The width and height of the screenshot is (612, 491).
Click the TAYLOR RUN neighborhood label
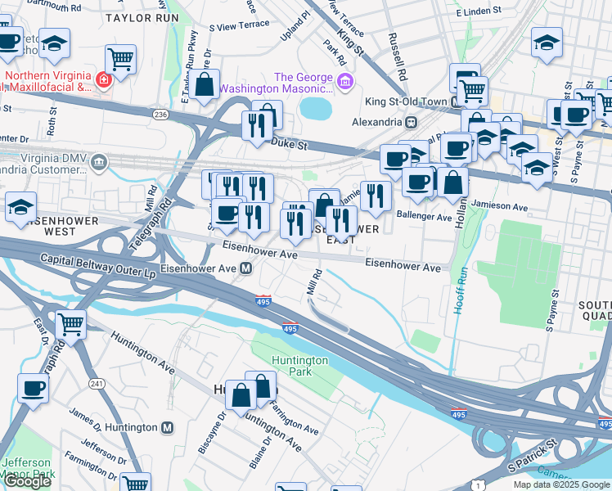point(142,16)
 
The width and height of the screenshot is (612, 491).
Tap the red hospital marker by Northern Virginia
point(105,80)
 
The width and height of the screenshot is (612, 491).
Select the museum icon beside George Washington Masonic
point(344,81)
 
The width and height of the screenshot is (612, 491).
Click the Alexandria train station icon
point(411,121)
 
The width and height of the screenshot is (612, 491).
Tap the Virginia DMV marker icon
point(100,161)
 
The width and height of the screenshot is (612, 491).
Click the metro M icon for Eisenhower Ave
point(245,268)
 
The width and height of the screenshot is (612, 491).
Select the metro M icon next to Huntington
point(168,427)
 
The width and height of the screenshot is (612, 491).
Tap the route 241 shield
point(97,383)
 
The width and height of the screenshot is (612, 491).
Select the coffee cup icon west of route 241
point(33,388)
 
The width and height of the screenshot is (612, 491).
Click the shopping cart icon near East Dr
point(71,324)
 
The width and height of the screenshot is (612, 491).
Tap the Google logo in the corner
point(26,481)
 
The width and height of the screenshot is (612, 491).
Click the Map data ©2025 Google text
point(560,484)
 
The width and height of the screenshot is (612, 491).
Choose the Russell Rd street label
point(398,49)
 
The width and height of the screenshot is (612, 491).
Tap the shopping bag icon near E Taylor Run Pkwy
point(206,83)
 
